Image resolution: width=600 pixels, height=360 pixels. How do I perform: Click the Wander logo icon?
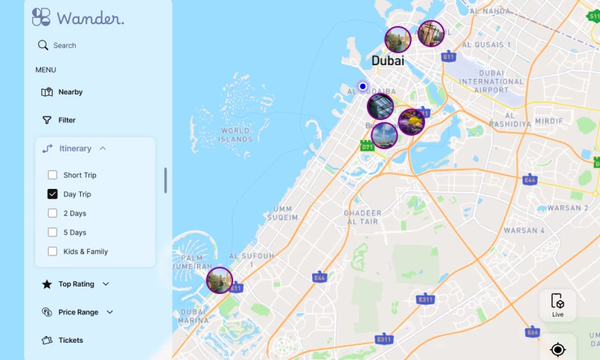(x=41, y=17)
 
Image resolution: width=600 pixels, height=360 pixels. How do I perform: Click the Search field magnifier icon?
(x=43, y=45)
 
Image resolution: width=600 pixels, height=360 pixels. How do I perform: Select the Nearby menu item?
(x=70, y=92)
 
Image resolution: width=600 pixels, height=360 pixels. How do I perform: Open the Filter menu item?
(x=66, y=120)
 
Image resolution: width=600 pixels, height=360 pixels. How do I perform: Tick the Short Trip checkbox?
(x=52, y=175)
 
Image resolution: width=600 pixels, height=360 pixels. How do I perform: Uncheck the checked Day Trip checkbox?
(x=52, y=194)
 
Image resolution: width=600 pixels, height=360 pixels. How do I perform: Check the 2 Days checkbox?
(x=52, y=214)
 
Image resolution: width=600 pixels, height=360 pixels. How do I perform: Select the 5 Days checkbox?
(x=52, y=232)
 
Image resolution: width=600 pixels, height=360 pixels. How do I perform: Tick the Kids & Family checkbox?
(x=52, y=251)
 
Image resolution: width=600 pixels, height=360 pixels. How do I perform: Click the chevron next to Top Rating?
(x=106, y=284)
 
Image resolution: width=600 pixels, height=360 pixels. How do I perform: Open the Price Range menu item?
(x=78, y=312)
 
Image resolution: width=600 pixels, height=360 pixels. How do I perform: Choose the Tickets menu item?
(x=70, y=340)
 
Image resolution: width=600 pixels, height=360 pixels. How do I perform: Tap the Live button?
(x=558, y=304)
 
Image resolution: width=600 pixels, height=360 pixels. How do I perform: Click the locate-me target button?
(x=557, y=349)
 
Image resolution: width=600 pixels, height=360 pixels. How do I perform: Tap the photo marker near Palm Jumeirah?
(x=220, y=280)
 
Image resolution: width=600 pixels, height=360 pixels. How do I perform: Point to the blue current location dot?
(x=363, y=86)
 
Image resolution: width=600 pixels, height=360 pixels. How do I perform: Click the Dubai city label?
(x=388, y=61)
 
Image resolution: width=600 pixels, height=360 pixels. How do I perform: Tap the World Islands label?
(x=235, y=135)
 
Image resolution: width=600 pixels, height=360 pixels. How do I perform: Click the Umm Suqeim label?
(x=283, y=213)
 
